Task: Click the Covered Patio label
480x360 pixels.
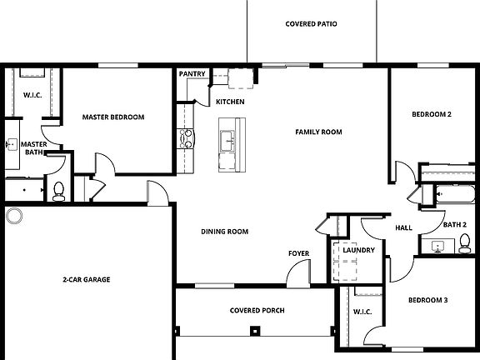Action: [311, 24]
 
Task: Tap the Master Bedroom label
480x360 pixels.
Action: [113, 117]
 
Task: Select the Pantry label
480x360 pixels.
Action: [192, 74]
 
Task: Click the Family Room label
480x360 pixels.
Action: [318, 132]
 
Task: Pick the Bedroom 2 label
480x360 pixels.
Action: [432, 114]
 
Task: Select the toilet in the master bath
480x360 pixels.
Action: [58, 191]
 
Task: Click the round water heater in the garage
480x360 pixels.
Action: [14, 217]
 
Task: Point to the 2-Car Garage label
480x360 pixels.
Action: [87, 279]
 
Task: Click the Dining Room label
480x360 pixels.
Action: [225, 232]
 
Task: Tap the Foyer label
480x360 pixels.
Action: [298, 253]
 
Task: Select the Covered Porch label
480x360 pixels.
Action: [257, 311]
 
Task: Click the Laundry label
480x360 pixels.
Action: [358, 250]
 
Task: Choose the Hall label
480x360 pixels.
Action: [403, 227]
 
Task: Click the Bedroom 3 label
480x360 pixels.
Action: [427, 300]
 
